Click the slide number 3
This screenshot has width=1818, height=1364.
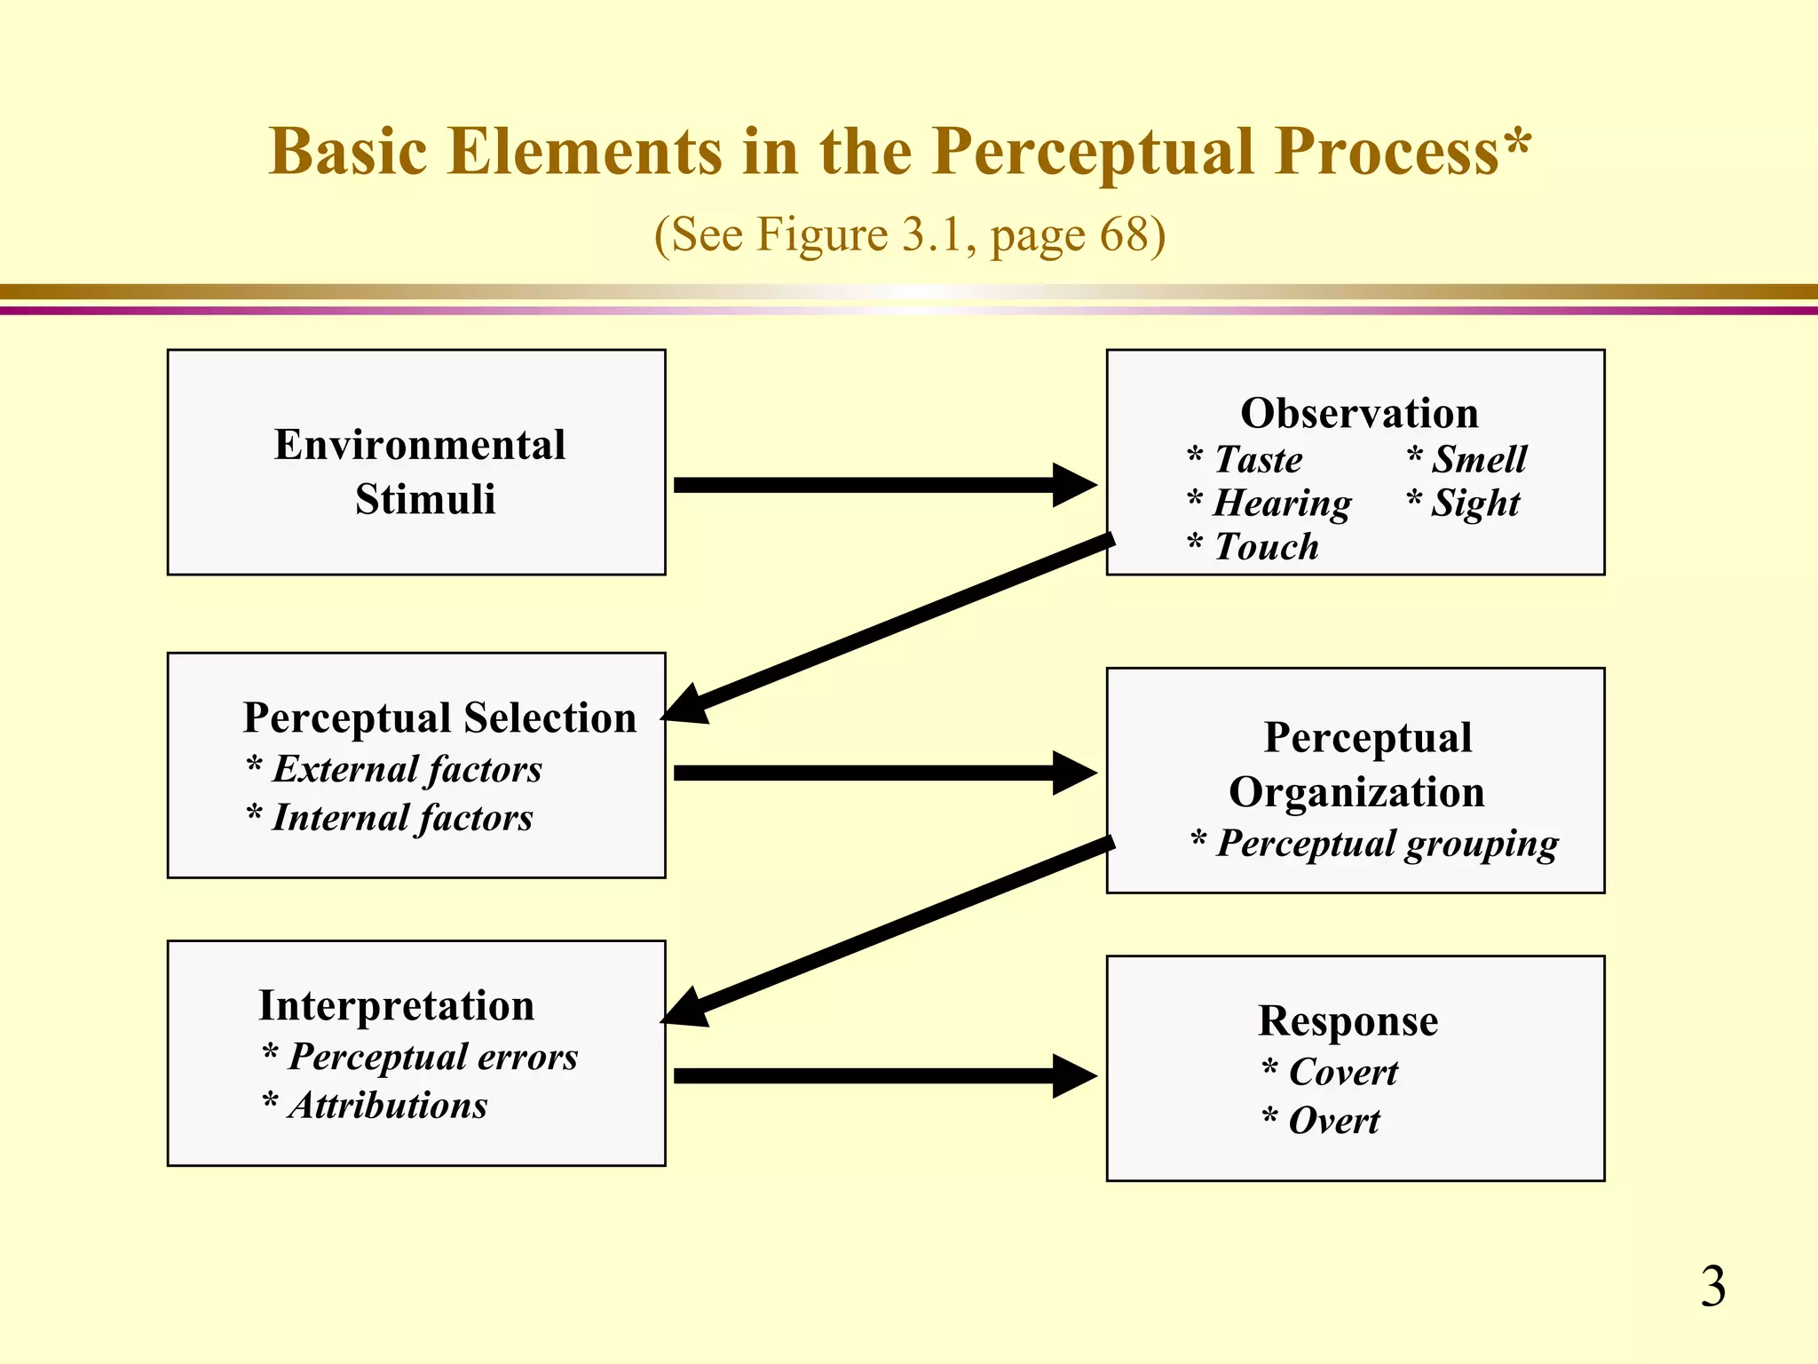click(1712, 1287)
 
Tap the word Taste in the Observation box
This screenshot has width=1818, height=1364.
click(1258, 460)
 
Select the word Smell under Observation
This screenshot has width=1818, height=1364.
click(1479, 460)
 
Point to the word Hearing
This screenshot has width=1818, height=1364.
click(1282, 504)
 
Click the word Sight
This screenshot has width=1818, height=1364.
click(1475, 504)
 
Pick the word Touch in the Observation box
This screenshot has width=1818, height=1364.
click(1266, 547)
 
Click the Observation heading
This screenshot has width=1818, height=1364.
click(1359, 413)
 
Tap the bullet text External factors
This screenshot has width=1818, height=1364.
click(407, 769)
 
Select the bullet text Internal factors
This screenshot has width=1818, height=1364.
click(402, 818)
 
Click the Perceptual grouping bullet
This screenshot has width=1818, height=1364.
click(1387, 844)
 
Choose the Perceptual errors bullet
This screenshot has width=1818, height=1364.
click(432, 1057)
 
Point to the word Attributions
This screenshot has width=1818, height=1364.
click(387, 1106)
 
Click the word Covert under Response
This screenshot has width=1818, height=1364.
click(1342, 1072)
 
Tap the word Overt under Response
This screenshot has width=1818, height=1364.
click(1333, 1121)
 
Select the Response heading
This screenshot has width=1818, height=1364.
click(1348, 1020)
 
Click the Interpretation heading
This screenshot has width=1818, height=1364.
click(396, 1005)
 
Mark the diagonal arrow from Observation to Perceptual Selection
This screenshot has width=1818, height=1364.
click(888, 627)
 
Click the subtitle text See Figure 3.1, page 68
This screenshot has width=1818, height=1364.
click(909, 235)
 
